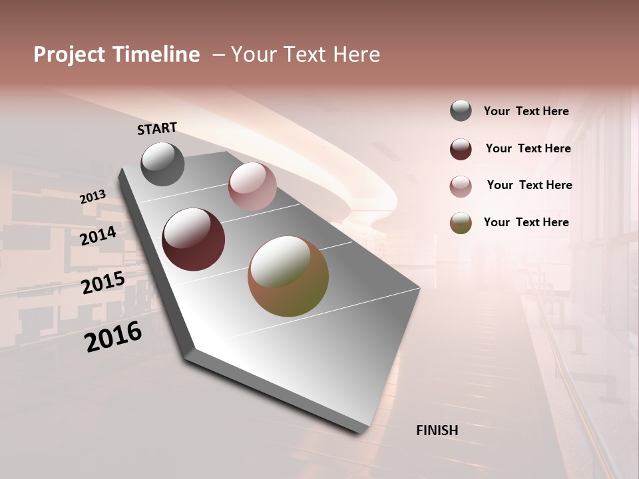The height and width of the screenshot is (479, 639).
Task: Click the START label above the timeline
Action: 157,128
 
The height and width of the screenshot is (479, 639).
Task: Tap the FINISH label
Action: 437,430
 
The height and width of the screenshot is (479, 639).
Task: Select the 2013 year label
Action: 93,197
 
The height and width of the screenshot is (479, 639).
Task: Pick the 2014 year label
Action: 99,236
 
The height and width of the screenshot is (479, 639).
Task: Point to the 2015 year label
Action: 103,283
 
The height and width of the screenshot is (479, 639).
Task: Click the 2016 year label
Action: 113,337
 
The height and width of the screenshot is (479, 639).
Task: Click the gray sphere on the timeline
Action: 162,164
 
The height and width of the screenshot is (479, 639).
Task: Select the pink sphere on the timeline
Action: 252,186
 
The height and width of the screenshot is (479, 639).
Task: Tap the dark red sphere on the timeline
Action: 194,239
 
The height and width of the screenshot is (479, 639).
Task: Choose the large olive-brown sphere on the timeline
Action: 288,276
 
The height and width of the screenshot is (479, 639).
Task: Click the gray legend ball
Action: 461,111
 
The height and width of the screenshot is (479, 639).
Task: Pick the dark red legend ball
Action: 461,149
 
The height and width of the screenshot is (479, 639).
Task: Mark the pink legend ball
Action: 461,186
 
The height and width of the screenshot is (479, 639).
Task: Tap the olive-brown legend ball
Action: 461,223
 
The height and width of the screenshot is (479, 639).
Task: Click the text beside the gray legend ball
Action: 526,112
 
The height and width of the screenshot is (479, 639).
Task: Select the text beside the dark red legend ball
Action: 528,148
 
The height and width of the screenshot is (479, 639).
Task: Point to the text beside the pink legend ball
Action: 529,185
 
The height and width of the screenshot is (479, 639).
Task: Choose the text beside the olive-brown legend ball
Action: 526,222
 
